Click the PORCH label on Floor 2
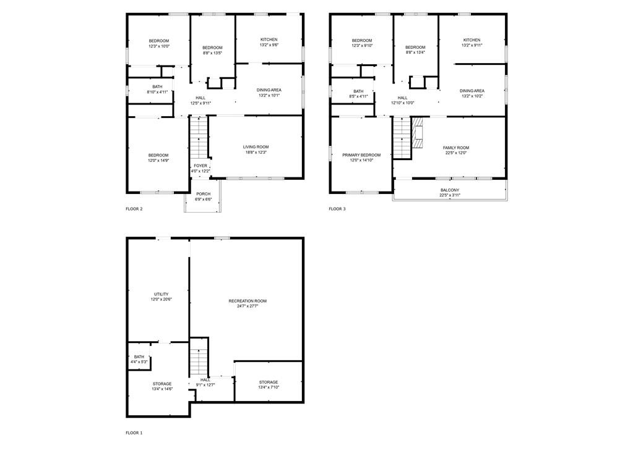204,194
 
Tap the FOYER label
200,166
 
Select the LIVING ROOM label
256,147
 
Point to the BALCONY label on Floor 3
450,190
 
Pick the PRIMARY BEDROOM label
361,155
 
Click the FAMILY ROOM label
456,148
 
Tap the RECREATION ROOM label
248,301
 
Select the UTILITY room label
161,294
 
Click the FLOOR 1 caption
134,433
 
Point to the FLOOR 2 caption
134,209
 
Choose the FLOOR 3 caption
337,209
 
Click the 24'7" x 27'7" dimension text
248,307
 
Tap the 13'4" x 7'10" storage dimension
269,387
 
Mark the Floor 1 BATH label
139,357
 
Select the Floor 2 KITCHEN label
269,40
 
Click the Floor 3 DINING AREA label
472,91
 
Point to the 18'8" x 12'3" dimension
256,153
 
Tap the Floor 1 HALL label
205,379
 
